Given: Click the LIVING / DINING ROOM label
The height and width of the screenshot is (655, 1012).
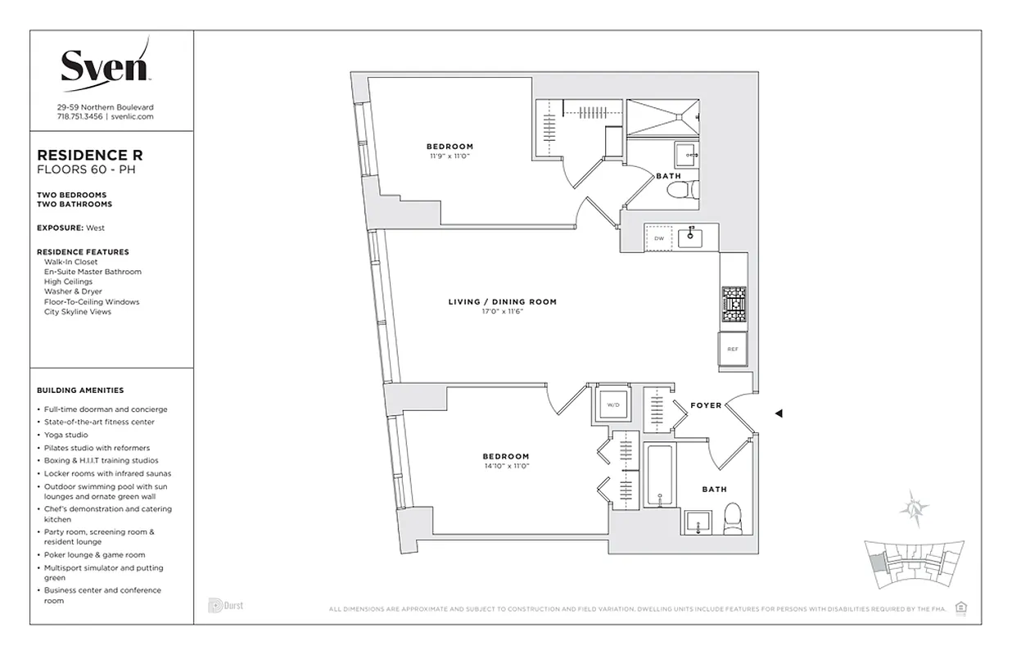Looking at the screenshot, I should coord(502,302).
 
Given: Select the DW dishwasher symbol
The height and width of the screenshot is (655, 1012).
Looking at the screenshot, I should coord(659,238).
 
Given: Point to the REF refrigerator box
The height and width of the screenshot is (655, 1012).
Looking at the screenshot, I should coord(733,349).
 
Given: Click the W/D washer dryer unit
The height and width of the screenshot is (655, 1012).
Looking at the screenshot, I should coord(612,404).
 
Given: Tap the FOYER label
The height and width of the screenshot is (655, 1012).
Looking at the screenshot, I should coord(706,405).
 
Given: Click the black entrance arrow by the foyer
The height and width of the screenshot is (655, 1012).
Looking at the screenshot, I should coord(779,413).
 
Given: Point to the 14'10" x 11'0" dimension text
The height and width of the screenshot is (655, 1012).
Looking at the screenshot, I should coord(505,466).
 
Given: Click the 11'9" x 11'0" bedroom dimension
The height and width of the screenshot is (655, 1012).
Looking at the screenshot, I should coord(450,156).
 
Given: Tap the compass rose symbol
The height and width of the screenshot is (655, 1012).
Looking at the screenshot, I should coord(914,508).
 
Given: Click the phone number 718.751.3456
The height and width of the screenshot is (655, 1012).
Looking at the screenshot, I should coord(79,117).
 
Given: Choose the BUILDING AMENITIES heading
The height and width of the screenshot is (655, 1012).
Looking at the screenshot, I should coord(80,391).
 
